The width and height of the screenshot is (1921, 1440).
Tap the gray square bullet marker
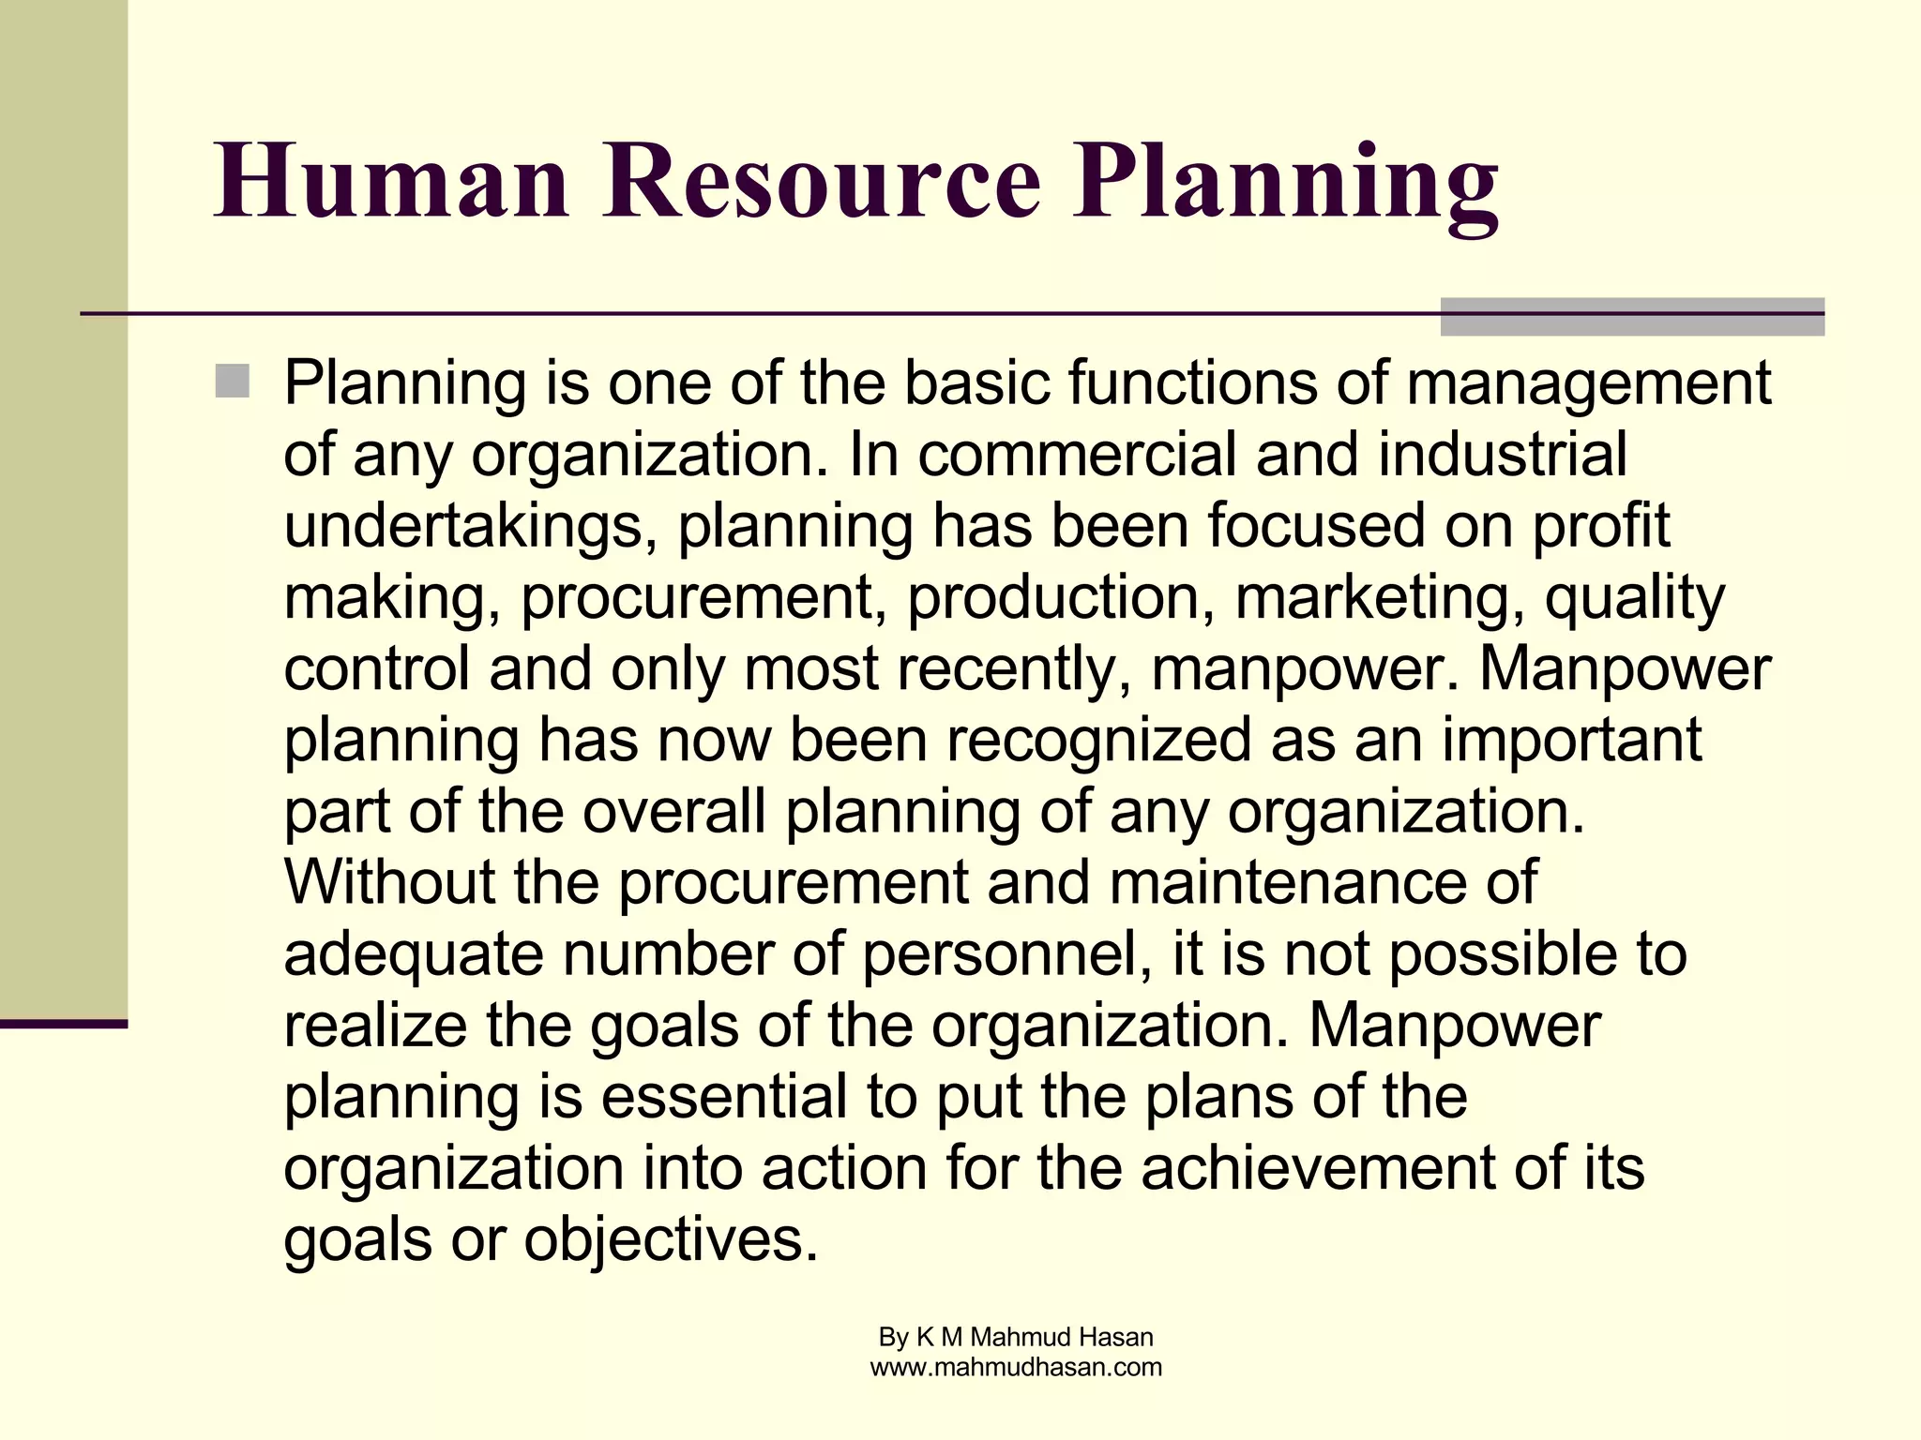[232, 382]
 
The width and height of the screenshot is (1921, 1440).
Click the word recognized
[1098, 742]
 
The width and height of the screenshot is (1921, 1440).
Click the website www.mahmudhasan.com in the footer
[1016, 1368]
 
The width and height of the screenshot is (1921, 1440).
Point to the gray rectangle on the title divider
[1632, 317]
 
